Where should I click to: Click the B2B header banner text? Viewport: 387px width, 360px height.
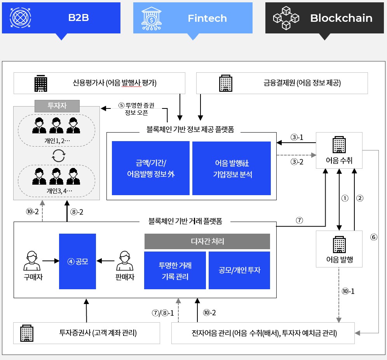pos(78,18)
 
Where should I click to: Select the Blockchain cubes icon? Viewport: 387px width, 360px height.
pos(286,18)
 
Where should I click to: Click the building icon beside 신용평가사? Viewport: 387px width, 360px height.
pos(40,83)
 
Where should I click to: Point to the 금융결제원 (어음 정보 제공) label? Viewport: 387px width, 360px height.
pos(302,83)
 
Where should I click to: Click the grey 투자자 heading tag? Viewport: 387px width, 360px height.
pos(57,106)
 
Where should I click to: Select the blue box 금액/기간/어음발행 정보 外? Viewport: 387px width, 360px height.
pos(151,168)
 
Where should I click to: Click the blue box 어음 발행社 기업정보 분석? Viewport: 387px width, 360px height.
pos(232,168)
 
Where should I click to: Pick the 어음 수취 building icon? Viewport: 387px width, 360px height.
pos(339,145)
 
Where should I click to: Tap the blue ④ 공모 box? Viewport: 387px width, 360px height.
pos(77,261)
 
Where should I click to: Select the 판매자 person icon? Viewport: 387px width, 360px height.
pos(125,261)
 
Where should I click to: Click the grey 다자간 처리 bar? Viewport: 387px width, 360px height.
pos(207,241)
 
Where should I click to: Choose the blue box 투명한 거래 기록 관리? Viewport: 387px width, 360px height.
pos(175,271)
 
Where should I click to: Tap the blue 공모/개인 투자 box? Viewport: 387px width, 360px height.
pos(239,270)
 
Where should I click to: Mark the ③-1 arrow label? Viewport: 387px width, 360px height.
pos(297,137)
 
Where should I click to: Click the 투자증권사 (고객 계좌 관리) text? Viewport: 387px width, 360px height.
pos(98,333)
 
